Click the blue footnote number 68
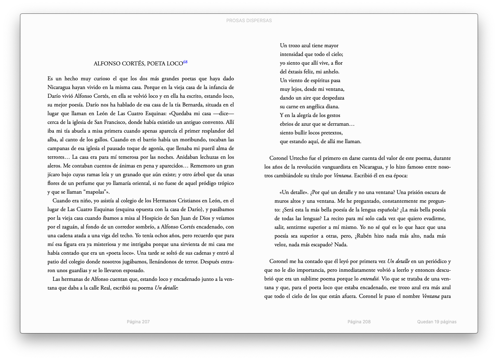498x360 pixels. tap(185, 62)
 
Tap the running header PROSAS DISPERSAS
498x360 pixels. tap(249, 21)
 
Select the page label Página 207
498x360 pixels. tap(138, 321)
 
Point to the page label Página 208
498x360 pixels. tap(359, 321)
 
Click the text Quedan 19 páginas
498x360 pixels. tap(437, 321)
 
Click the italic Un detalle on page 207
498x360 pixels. tap(166, 288)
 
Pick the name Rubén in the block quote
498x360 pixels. tap(364, 236)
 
